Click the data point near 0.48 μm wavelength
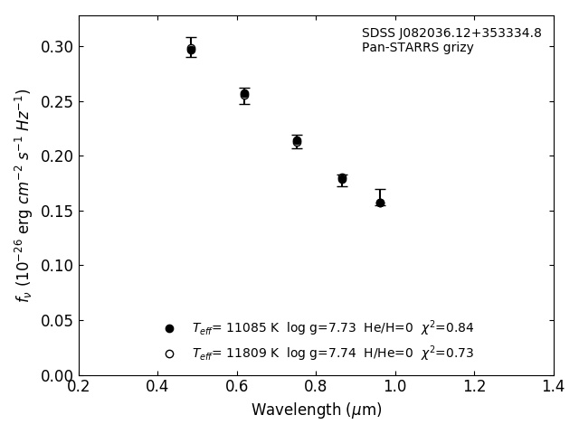(191, 50)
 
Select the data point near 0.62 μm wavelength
(244, 94)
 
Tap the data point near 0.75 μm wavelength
(297, 141)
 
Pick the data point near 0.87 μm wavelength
(342, 179)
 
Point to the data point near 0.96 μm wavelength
(380, 203)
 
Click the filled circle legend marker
(169, 328)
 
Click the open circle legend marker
(169, 354)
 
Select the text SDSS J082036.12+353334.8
(451, 33)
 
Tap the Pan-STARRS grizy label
(417, 48)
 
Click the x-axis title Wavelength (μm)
(316, 410)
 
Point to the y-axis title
(24, 194)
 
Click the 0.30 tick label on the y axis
(57, 47)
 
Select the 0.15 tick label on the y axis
(57, 211)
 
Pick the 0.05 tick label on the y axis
(57, 321)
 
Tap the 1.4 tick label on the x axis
(553, 387)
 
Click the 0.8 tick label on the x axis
(316, 387)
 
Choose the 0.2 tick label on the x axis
(79, 387)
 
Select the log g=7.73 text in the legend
(320, 328)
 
